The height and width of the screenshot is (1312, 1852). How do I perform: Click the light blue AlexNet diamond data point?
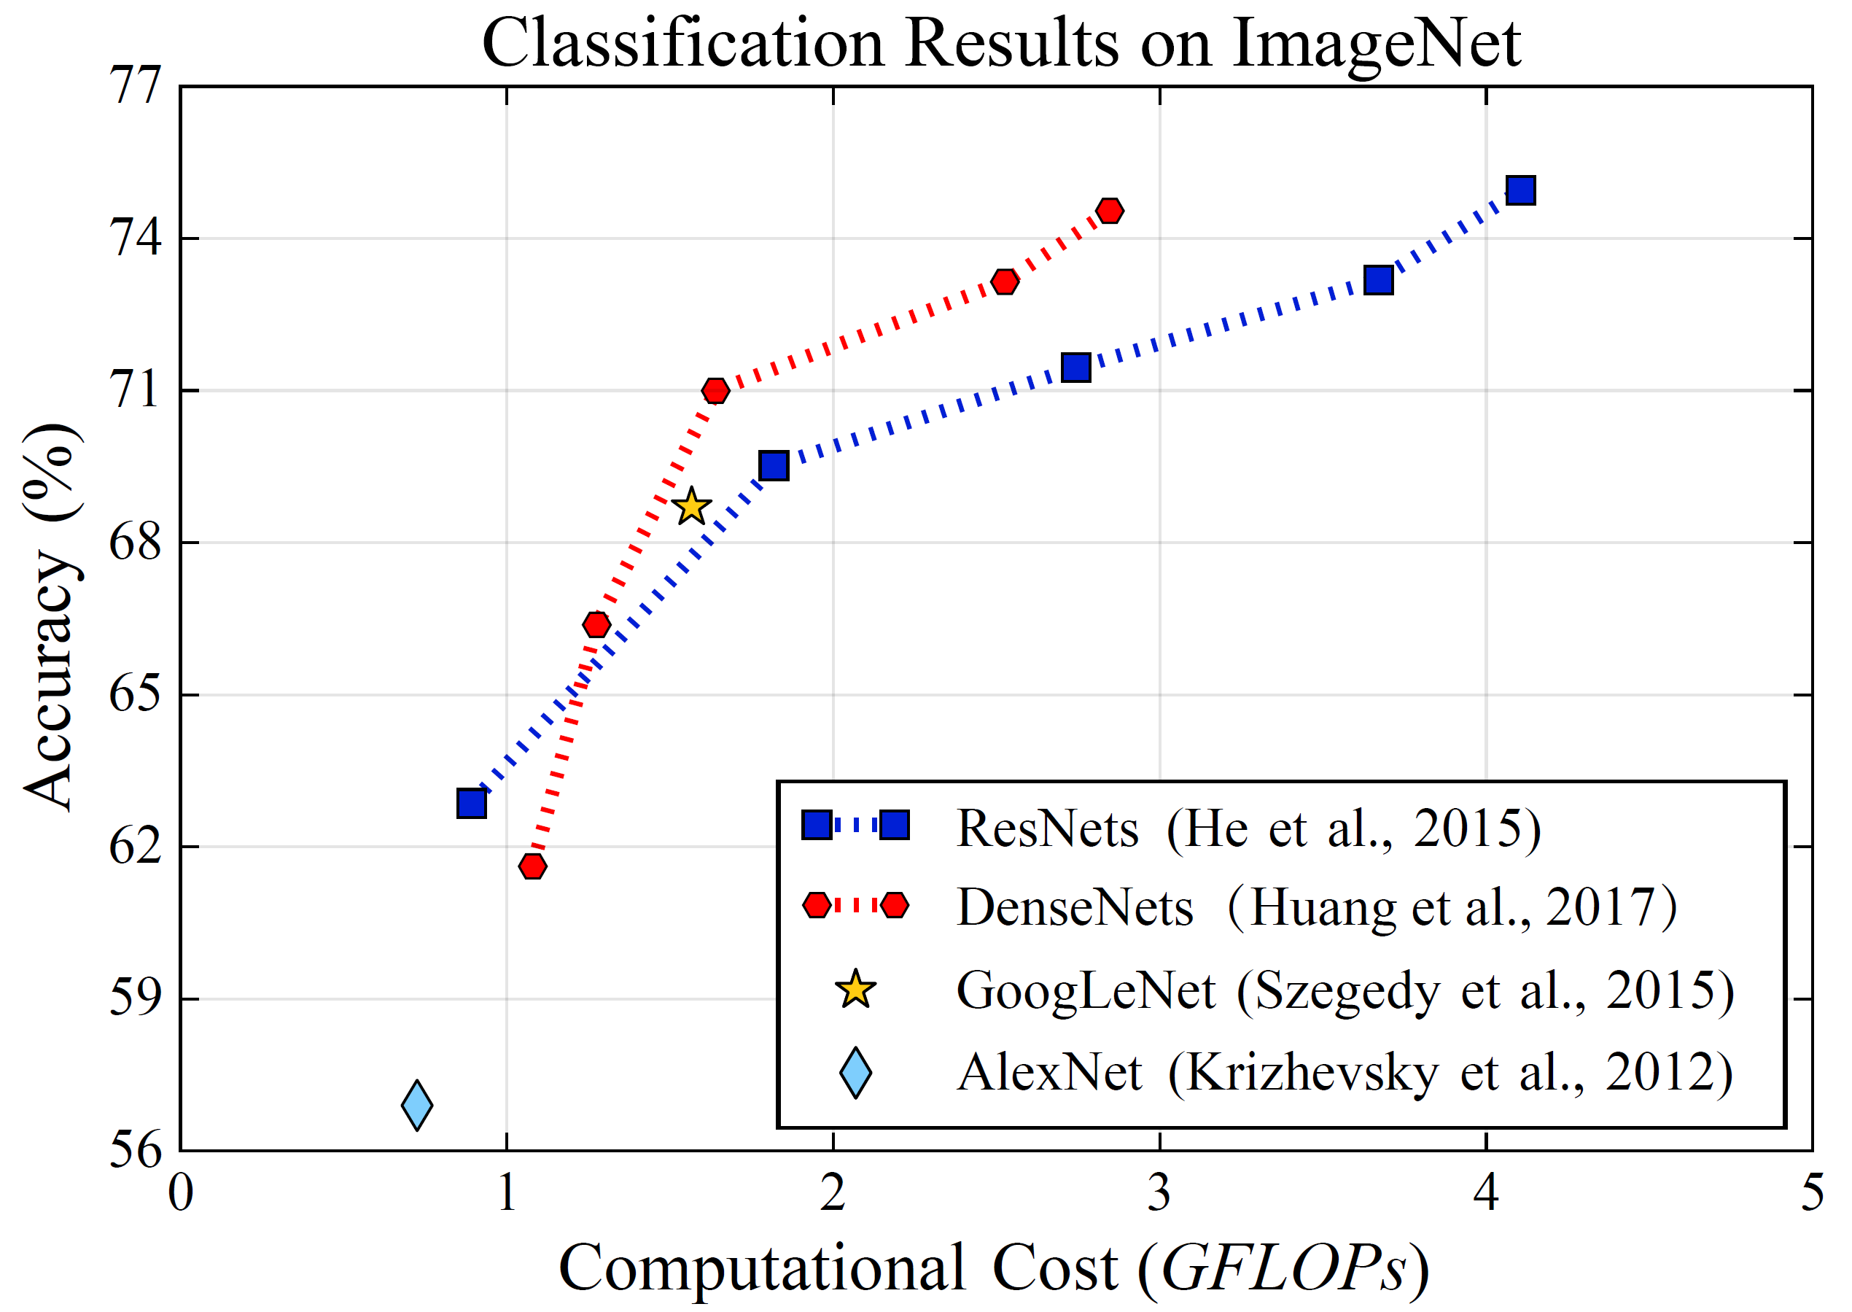click(x=417, y=1104)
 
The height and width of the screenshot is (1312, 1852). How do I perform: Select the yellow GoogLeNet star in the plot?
click(x=691, y=508)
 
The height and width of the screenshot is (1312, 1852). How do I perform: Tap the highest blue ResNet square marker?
click(x=1520, y=190)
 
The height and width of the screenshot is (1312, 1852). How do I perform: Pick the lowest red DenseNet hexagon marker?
click(x=532, y=866)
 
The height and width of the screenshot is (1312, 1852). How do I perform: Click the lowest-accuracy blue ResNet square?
click(x=472, y=803)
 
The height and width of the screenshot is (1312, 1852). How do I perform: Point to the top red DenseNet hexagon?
click(x=1110, y=211)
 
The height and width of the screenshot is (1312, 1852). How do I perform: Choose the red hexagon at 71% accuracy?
click(x=715, y=391)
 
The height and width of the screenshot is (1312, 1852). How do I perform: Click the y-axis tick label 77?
click(x=134, y=85)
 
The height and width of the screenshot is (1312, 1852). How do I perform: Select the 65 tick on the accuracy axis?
click(x=134, y=694)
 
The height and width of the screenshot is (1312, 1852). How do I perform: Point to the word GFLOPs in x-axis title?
click(x=1284, y=1268)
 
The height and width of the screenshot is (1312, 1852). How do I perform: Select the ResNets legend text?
click(x=1047, y=829)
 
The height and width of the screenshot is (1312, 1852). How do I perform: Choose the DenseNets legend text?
click(x=1074, y=907)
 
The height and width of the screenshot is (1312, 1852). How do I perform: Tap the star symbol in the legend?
click(x=855, y=990)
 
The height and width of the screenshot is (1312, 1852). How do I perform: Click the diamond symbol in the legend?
click(x=855, y=1073)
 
